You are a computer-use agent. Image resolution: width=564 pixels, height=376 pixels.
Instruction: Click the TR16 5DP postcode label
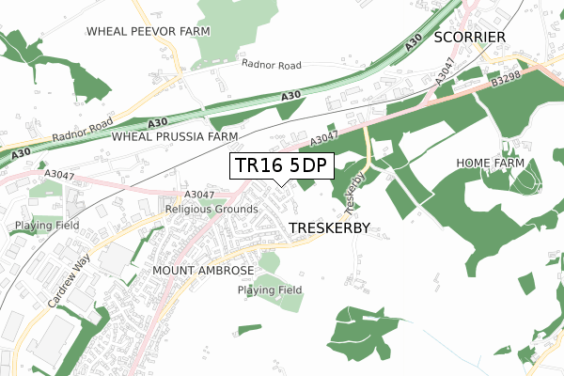point(281,165)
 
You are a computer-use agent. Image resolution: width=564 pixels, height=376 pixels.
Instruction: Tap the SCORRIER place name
point(470,37)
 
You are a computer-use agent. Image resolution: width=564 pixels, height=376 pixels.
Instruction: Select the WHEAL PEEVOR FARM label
point(149,31)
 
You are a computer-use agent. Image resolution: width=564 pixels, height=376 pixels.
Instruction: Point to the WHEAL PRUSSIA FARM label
point(175,136)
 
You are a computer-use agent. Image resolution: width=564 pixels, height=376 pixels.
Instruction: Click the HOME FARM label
point(489,163)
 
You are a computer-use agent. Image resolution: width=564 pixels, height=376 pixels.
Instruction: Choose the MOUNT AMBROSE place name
point(202,271)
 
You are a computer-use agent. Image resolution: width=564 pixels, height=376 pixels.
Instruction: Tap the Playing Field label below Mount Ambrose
point(270,290)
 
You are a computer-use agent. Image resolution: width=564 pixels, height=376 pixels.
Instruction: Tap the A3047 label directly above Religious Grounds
point(200,195)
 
